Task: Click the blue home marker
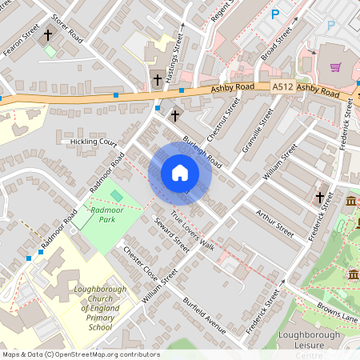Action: [180, 173]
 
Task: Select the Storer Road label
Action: [67, 29]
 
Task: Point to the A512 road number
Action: [282, 87]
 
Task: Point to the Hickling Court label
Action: [94, 142]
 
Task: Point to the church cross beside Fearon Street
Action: [48, 35]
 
